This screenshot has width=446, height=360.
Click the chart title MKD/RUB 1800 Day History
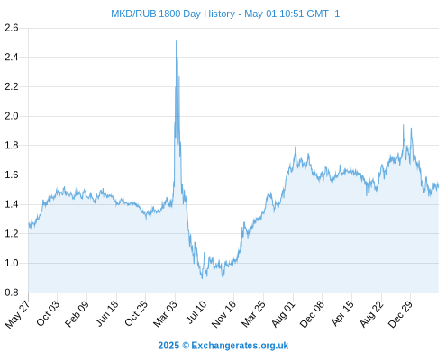coord(173,13)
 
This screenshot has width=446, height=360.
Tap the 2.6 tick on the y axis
coord(12,28)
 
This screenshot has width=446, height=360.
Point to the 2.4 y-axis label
coord(12,57)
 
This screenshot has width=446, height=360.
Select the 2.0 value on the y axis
coord(12,116)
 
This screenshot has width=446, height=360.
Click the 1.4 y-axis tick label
coord(12,204)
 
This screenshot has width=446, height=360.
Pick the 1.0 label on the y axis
coord(12,263)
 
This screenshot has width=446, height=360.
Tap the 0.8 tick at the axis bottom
coord(12,292)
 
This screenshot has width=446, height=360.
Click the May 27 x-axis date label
coord(17,314)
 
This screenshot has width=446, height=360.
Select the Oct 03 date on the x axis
coord(48,313)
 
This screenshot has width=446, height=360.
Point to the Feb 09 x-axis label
coord(77,313)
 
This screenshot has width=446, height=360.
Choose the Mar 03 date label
coord(166,314)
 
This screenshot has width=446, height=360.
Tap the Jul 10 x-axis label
coord(196,312)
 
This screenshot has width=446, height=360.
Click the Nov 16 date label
coord(223,314)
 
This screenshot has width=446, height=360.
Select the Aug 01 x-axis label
coord(284,314)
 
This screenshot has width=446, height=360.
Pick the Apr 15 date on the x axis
coord(343,313)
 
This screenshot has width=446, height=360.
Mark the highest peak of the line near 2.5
coord(176,41)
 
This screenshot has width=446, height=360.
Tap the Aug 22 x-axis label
coord(372,314)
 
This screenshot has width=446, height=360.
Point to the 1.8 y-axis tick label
coord(12,146)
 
